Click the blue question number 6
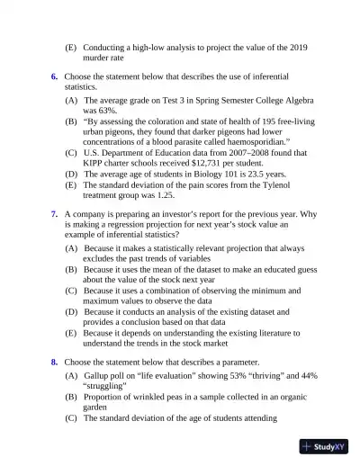click(54, 77)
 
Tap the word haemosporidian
click(253, 141)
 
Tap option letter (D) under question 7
click(71, 310)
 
